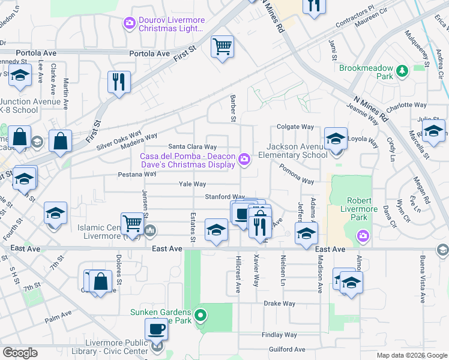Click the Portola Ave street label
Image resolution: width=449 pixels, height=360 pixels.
pyautogui.click(x=150, y=53)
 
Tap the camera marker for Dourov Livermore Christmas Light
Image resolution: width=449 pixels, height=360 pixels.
pyautogui.click(x=129, y=23)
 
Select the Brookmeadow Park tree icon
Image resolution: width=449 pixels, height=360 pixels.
pyautogui.click(x=402, y=72)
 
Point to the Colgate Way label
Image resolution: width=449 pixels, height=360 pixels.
pyautogui.click(x=295, y=127)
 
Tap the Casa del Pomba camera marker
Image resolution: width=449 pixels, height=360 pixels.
pyautogui.click(x=244, y=158)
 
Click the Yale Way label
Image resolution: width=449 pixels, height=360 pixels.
pyautogui.click(x=191, y=184)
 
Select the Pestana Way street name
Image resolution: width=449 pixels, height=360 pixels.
pyautogui.click(x=137, y=174)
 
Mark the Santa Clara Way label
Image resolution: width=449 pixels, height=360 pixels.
pyautogui.click(x=192, y=146)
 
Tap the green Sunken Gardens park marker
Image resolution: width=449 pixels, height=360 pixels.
pyautogui.click(x=202, y=314)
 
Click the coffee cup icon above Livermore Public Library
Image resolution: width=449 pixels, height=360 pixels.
pyautogui.click(x=157, y=329)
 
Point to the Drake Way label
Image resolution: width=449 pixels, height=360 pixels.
pyautogui.click(x=279, y=304)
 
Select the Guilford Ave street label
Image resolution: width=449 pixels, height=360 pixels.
pyautogui.click(x=287, y=349)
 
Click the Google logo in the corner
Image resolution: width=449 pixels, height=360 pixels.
pyautogui.click(x=20, y=353)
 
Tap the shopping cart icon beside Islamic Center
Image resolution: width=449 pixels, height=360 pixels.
pyautogui.click(x=133, y=224)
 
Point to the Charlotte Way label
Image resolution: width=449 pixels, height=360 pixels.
pyautogui.click(x=406, y=105)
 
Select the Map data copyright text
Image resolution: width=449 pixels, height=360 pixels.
pyautogui.click(x=411, y=355)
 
